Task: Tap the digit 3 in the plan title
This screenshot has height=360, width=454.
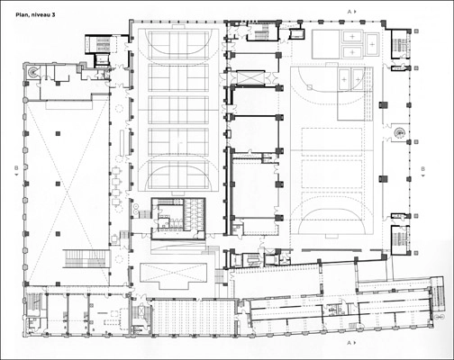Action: click(53, 14)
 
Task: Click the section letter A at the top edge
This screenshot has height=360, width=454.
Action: click(350, 12)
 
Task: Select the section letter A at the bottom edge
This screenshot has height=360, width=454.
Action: click(350, 343)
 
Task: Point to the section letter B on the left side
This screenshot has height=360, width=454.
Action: click(16, 168)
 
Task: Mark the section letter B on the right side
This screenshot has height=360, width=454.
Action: click(422, 169)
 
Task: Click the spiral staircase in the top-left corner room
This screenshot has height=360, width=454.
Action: click(32, 72)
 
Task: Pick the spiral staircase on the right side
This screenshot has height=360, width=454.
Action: click(399, 132)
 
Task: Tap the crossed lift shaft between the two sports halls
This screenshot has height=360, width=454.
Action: click(250, 77)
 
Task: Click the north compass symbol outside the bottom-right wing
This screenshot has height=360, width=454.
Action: click(441, 317)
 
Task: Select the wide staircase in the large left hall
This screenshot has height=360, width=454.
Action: click(86, 258)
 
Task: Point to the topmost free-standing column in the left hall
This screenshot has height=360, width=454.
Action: click(58, 133)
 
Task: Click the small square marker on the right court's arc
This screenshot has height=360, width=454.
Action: click(309, 87)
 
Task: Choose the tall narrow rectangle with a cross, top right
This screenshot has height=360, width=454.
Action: click(372, 44)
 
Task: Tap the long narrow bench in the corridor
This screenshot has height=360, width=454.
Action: click(122, 143)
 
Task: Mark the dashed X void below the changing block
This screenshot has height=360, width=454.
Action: click(174, 273)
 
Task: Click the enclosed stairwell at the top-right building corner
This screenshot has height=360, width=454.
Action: click(400, 44)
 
